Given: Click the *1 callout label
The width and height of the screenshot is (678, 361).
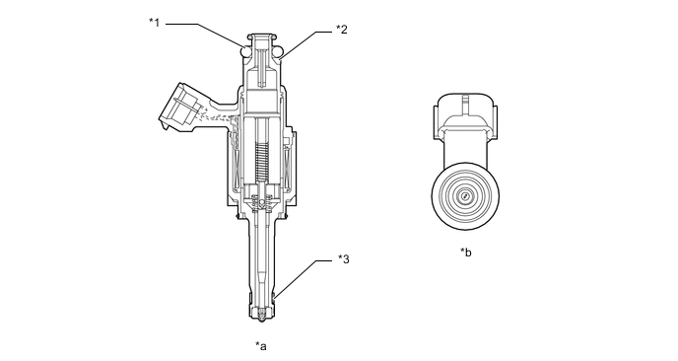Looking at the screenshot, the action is pyautogui.click(x=154, y=22).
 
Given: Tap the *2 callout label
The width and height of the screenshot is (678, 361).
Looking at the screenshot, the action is pyautogui.click(x=342, y=30).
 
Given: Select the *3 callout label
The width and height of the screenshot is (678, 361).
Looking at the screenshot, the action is pyautogui.click(x=343, y=258).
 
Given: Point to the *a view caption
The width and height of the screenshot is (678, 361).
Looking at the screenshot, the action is pyautogui.click(x=261, y=345).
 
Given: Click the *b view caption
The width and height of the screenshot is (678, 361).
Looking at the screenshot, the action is pyautogui.click(x=466, y=252).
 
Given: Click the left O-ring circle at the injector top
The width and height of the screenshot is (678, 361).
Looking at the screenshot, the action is pyautogui.click(x=246, y=51).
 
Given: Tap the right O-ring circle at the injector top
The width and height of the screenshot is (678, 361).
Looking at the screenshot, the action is pyautogui.click(x=276, y=51).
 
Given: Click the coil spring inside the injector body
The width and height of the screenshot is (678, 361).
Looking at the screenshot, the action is pyautogui.click(x=261, y=162).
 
